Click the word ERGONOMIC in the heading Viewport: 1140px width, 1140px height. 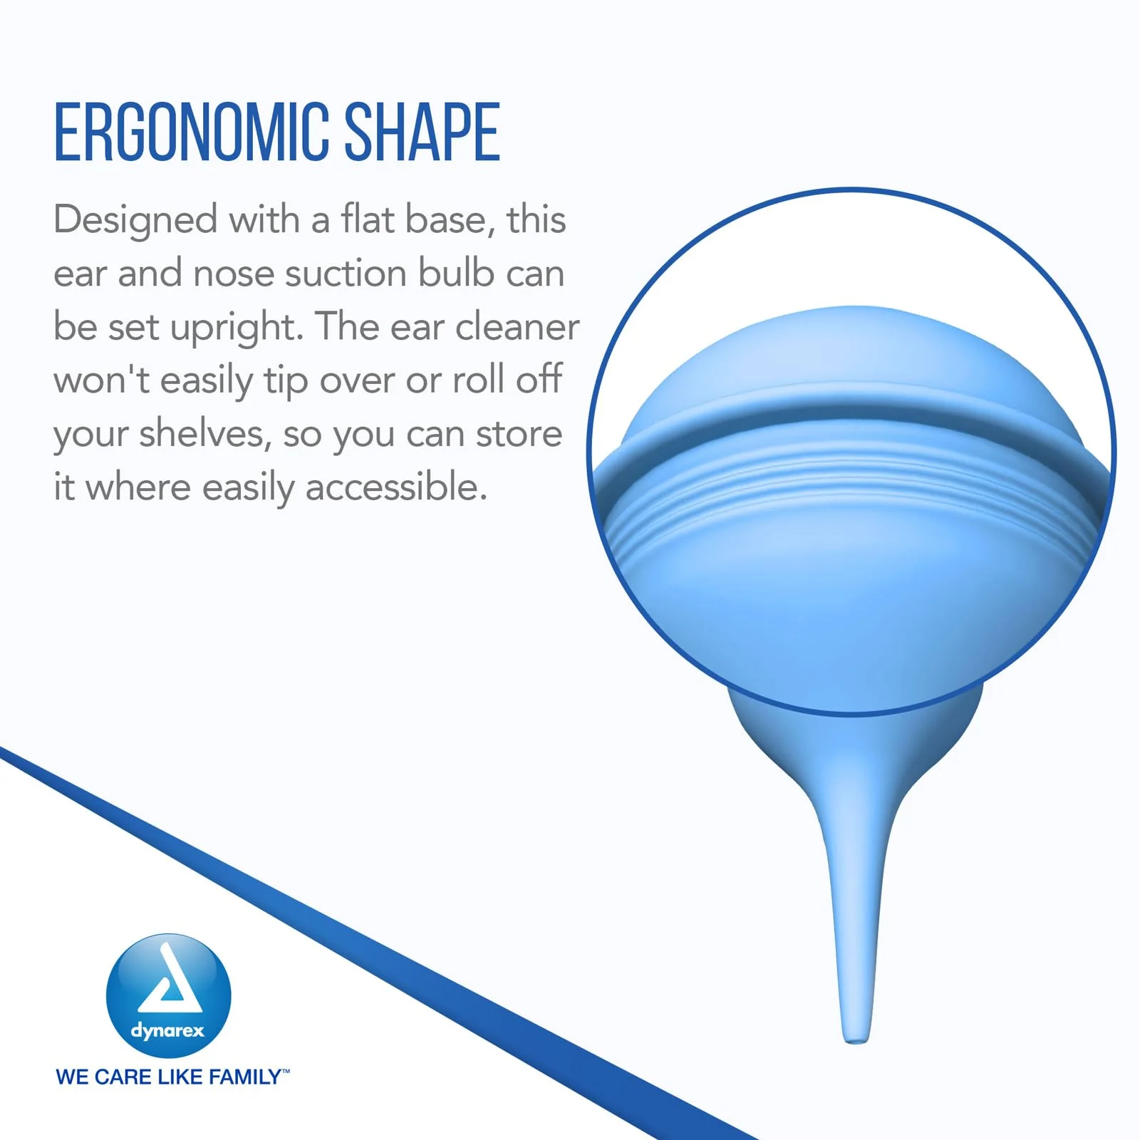191,132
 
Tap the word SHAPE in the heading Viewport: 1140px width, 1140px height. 423,132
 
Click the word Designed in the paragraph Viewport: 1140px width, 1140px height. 135,221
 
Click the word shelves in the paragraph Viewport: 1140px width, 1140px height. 205,433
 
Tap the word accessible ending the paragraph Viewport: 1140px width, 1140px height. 396,487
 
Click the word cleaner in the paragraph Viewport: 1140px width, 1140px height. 517,327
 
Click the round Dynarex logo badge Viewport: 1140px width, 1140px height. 169,995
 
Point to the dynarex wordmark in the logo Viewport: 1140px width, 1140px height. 167,1031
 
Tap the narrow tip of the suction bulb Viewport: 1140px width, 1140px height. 855,1039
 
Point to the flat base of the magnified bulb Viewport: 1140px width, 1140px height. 851,356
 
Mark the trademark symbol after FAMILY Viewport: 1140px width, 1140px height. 286,1071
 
